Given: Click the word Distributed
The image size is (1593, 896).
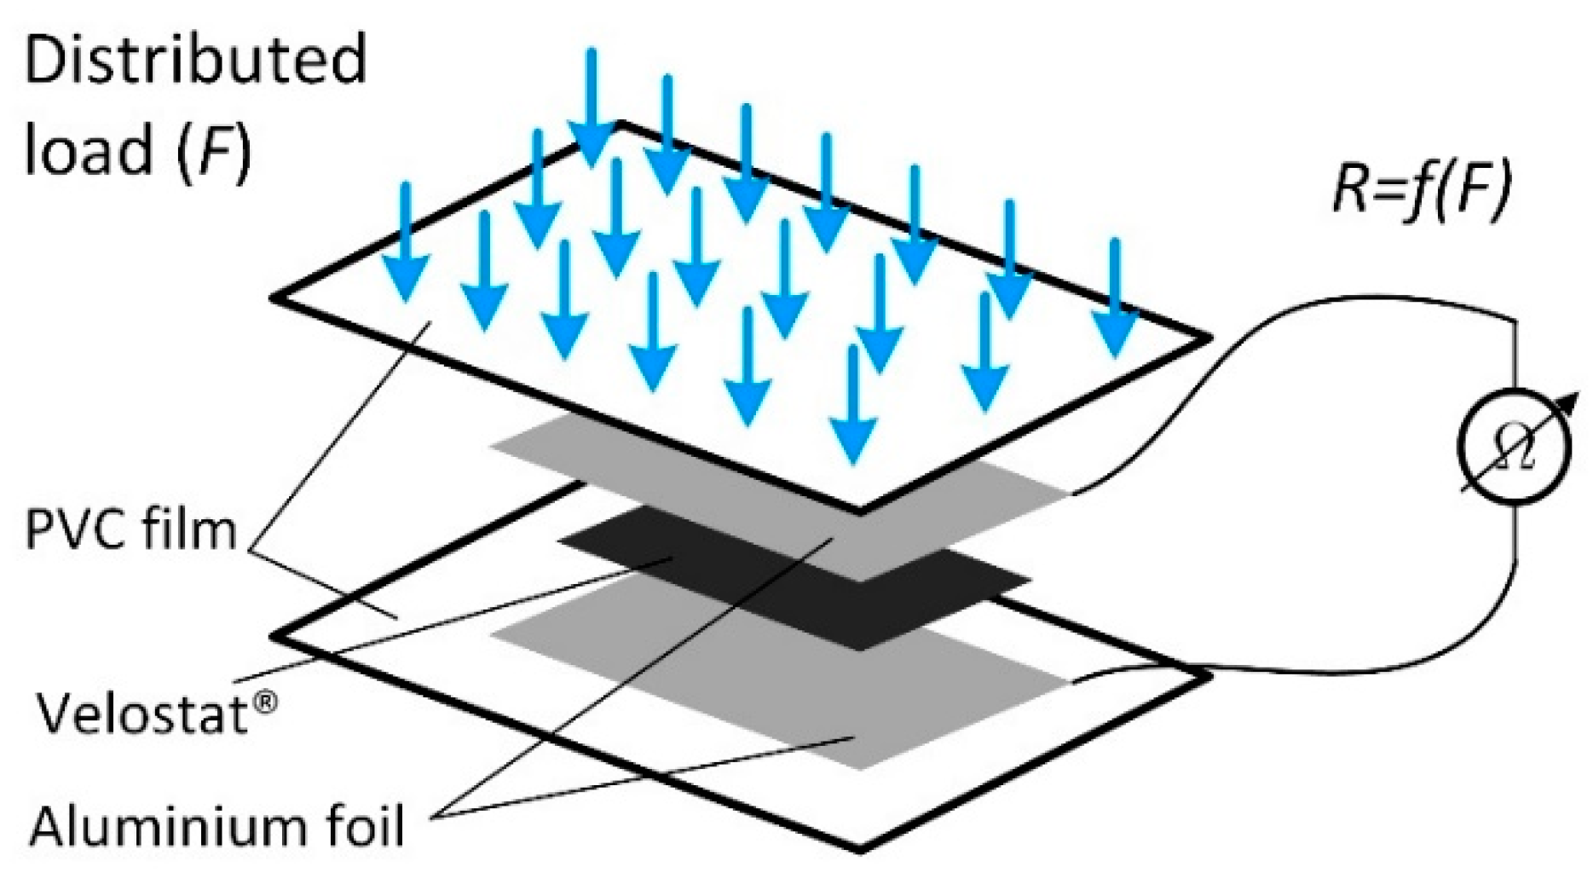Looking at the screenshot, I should [196, 60].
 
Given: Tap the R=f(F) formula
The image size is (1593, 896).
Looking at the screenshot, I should [1421, 189].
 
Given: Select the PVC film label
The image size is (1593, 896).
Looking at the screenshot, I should [130, 529].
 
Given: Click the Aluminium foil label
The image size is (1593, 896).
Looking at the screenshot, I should [216, 825].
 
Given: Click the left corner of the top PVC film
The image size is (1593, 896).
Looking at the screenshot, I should [274, 298].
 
